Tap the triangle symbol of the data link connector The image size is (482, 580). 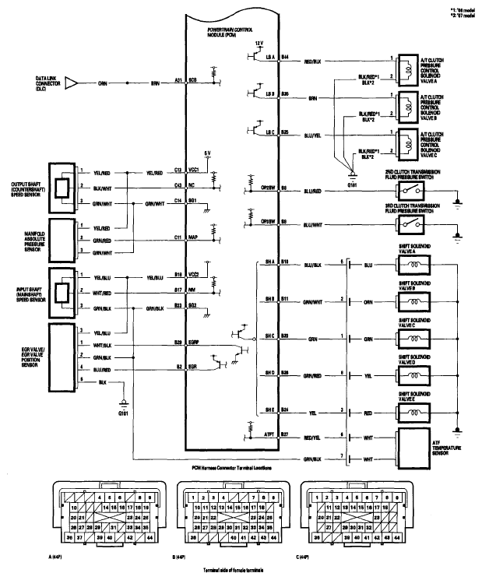[x=70, y=80]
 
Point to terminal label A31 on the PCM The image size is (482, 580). [x=178, y=80]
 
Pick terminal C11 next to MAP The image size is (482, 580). [x=178, y=235]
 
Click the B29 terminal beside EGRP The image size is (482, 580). [x=178, y=342]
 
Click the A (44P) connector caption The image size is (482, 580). [x=56, y=557]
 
